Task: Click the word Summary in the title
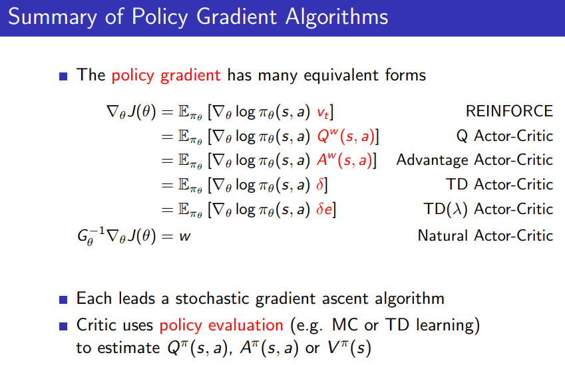tap(53, 17)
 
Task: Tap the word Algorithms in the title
tap(337, 17)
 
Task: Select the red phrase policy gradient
tap(166, 76)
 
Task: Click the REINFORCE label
tap(509, 111)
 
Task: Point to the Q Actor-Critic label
tap(504, 136)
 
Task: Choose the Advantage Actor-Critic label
tap(474, 160)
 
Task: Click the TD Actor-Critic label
tap(499, 184)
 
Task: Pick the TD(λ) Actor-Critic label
tap(488, 209)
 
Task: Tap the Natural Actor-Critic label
tap(485, 235)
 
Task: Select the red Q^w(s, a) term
tap(346, 136)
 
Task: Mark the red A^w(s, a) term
tap(345, 160)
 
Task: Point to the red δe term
tap(324, 209)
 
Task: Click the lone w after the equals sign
tap(185, 237)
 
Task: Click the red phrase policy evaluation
tap(221, 325)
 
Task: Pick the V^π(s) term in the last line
tap(349, 348)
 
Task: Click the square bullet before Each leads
tap(63, 299)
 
